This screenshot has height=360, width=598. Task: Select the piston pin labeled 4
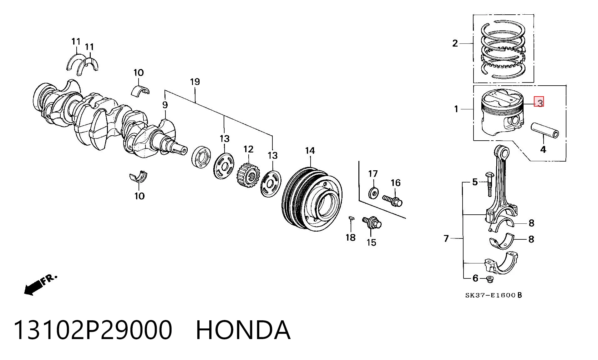pyautogui.click(x=545, y=130)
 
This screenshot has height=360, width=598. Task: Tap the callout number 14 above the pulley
pyautogui.click(x=310, y=151)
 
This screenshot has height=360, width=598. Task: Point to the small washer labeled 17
pyautogui.click(x=373, y=193)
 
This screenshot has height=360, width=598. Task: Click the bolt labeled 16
pyautogui.click(x=392, y=200)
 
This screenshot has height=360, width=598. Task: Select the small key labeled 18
pyautogui.click(x=351, y=218)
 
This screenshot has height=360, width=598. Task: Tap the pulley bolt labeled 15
pyautogui.click(x=372, y=222)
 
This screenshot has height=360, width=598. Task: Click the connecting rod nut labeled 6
pyautogui.click(x=490, y=279)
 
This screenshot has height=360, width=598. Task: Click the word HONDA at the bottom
pyautogui.click(x=243, y=330)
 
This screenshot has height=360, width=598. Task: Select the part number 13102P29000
pyautogui.click(x=93, y=330)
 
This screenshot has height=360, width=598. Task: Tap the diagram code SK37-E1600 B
pyautogui.click(x=494, y=295)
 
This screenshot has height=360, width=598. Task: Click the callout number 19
pyautogui.click(x=195, y=82)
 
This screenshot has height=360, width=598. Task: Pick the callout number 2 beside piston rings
pyautogui.click(x=455, y=43)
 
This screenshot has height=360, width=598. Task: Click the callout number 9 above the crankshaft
pyautogui.click(x=165, y=105)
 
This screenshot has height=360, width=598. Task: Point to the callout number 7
pyautogui.click(x=446, y=238)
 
